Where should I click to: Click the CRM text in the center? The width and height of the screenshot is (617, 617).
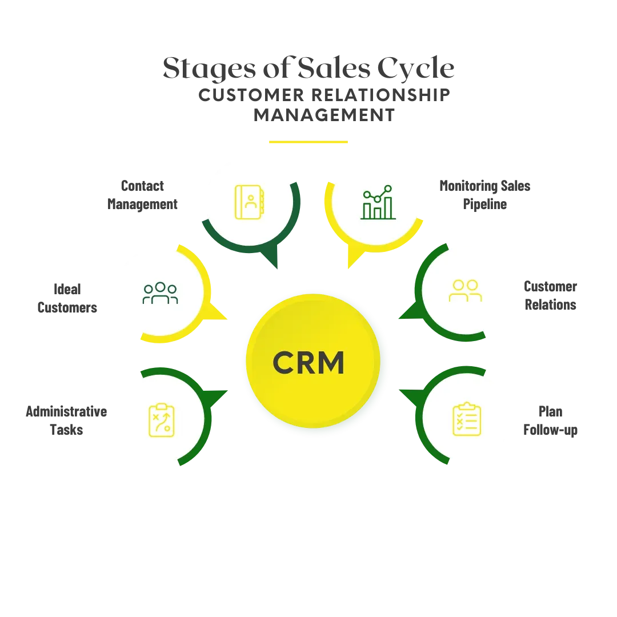coord(308,362)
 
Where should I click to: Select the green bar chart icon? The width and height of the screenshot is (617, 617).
coord(378,203)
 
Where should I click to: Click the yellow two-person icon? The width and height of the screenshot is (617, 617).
coord(465,290)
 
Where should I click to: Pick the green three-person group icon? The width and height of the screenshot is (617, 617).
coord(160,293)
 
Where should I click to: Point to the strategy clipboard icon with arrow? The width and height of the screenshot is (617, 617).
coord(161,420)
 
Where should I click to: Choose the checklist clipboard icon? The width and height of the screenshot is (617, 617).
coord(466,419)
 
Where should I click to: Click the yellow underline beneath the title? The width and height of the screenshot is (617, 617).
coord(308,141)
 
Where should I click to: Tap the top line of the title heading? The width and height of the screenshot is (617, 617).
coord(308,70)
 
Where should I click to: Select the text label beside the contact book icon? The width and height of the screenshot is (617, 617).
coord(142,195)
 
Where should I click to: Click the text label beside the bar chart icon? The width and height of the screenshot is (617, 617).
coord(486,195)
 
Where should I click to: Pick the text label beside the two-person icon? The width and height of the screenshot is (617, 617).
coord(550,296)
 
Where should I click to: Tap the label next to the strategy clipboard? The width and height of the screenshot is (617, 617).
coord(66,422)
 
